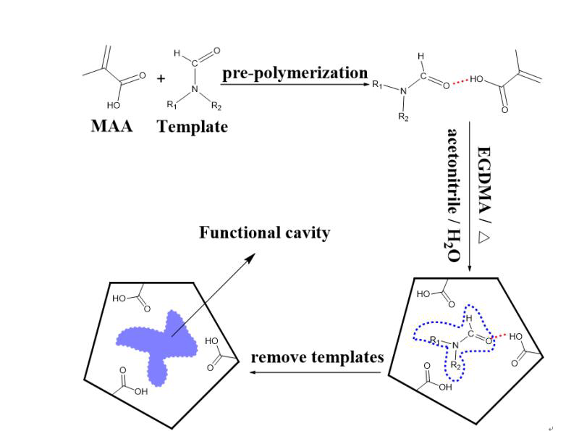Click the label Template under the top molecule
click(x=193, y=126)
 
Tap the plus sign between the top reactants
click(x=161, y=78)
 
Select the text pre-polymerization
click(x=295, y=73)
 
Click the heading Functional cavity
click(x=264, y=233)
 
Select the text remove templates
click(x=317, y=357)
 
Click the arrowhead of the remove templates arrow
click(x=253, y=373)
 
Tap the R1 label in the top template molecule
click(x=172, y=104)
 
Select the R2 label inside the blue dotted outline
click(x=455, y=366)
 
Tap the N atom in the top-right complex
click(x=405, y=91)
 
